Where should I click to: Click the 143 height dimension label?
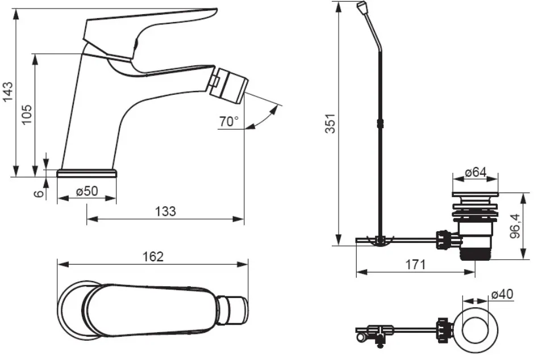pyautogui.click(x=7, y=91)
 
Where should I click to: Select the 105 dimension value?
pyautogui.click(x=27, y=114)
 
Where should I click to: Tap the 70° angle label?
pyautogui.click(x=229, y=122)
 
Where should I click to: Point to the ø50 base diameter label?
pyautogui.click(x=87, y=191)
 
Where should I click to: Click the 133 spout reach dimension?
pyautogui.click(x=165, y=211)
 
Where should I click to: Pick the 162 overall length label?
pyautogui.click(x=153, y=257)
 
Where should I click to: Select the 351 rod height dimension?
pyautogui.click(x=331, y=123)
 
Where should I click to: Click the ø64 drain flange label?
pyautogui.click(x=475, y=172)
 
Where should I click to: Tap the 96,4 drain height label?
pyautogui.click(x=516, y=226)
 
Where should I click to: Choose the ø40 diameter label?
pyautogui.click(x=502, y=294)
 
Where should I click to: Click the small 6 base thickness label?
pyautogui.click(x=40, y=194)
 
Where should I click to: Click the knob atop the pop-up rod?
pyautogui.click(x=362, y=6)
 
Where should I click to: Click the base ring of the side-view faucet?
pyautogui.click(x=87, y=173)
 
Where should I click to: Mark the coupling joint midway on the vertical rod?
pyautogui.click(x=381, y=123)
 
